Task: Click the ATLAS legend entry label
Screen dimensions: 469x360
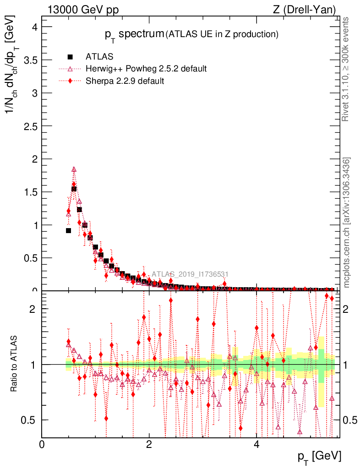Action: point(99,57)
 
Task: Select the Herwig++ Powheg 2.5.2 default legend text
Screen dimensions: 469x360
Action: point(146,69)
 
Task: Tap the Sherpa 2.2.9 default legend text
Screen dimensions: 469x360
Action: point(125,81)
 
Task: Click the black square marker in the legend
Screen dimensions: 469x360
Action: point(70,57)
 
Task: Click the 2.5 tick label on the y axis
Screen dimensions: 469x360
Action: point(31,126)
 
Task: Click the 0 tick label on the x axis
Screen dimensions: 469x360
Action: point(42,444)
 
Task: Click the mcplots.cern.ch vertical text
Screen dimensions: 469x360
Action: point(347,223)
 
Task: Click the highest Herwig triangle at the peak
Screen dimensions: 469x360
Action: point(74,169)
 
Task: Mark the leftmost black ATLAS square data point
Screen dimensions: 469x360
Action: point(68,230)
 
